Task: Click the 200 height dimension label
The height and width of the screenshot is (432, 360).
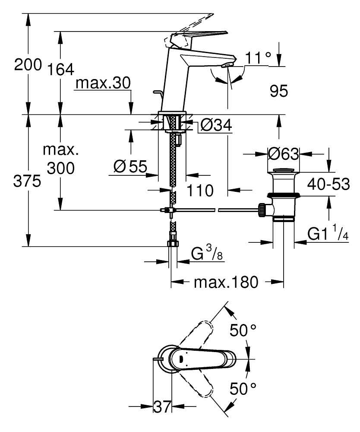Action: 28,65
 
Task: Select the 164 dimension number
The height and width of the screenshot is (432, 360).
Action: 60,69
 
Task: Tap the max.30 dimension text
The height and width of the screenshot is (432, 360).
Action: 102,83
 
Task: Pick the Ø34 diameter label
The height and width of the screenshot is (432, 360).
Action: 216,125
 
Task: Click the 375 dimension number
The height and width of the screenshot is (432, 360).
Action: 27,182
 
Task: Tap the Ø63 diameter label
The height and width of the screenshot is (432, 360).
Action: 283,153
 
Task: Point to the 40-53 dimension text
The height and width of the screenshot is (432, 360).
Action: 328,184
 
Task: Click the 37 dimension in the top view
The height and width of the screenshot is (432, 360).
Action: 163,407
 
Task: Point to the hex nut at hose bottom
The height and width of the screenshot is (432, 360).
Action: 172,243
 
